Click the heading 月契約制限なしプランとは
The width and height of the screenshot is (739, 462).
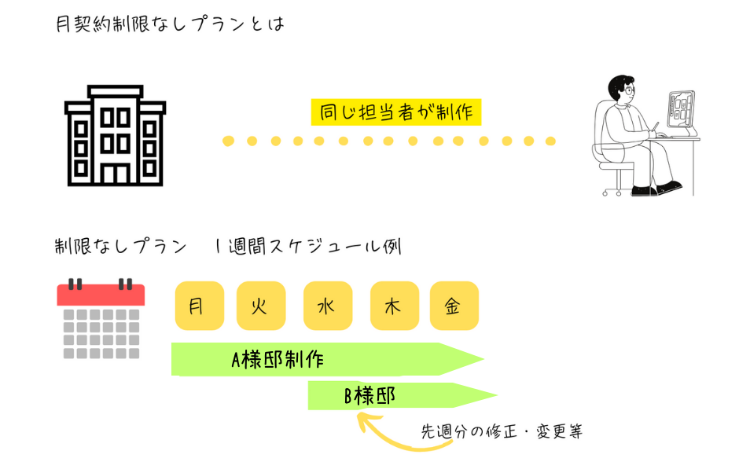click(170, 24)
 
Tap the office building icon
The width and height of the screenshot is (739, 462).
click(115, 135)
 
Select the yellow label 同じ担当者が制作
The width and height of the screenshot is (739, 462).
click(396, 112)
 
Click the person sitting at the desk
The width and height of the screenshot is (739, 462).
click(637, 134)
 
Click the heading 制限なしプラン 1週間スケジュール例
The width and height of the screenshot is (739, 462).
click(228, 246)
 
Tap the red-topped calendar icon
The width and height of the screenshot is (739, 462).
click(101, 318)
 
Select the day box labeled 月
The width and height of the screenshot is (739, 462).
click(199, 306)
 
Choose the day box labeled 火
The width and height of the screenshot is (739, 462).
click(260, 306)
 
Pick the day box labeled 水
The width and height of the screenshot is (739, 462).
click(327, 306)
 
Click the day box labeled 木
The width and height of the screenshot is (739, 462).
click(394, 306)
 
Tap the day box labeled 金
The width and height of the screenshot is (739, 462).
click(454, 306)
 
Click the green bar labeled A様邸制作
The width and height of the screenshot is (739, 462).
click(314, 360)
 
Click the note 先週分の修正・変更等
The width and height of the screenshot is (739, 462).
click(502, 431)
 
